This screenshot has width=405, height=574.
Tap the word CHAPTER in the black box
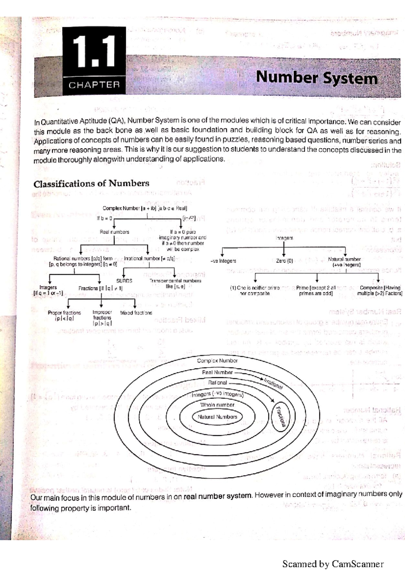coord(94,85)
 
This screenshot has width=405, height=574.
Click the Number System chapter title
coord(317,78)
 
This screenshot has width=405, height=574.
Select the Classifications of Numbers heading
coord(91,184)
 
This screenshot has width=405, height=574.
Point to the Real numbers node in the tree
coord(114,232)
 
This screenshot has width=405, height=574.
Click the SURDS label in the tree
coord(124,281)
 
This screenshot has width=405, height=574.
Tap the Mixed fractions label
coord(136,313)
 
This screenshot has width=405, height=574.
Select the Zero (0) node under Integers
coord(284,261)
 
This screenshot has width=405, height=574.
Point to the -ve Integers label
coord(223,261)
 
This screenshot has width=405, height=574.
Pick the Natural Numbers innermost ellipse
coord(217,417)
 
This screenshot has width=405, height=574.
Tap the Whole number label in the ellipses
coord(217,405)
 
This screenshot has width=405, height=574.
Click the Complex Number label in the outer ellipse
coord(217,361)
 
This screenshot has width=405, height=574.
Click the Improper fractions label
coord(102,318)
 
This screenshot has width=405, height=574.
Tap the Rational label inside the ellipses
coord(217,383)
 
